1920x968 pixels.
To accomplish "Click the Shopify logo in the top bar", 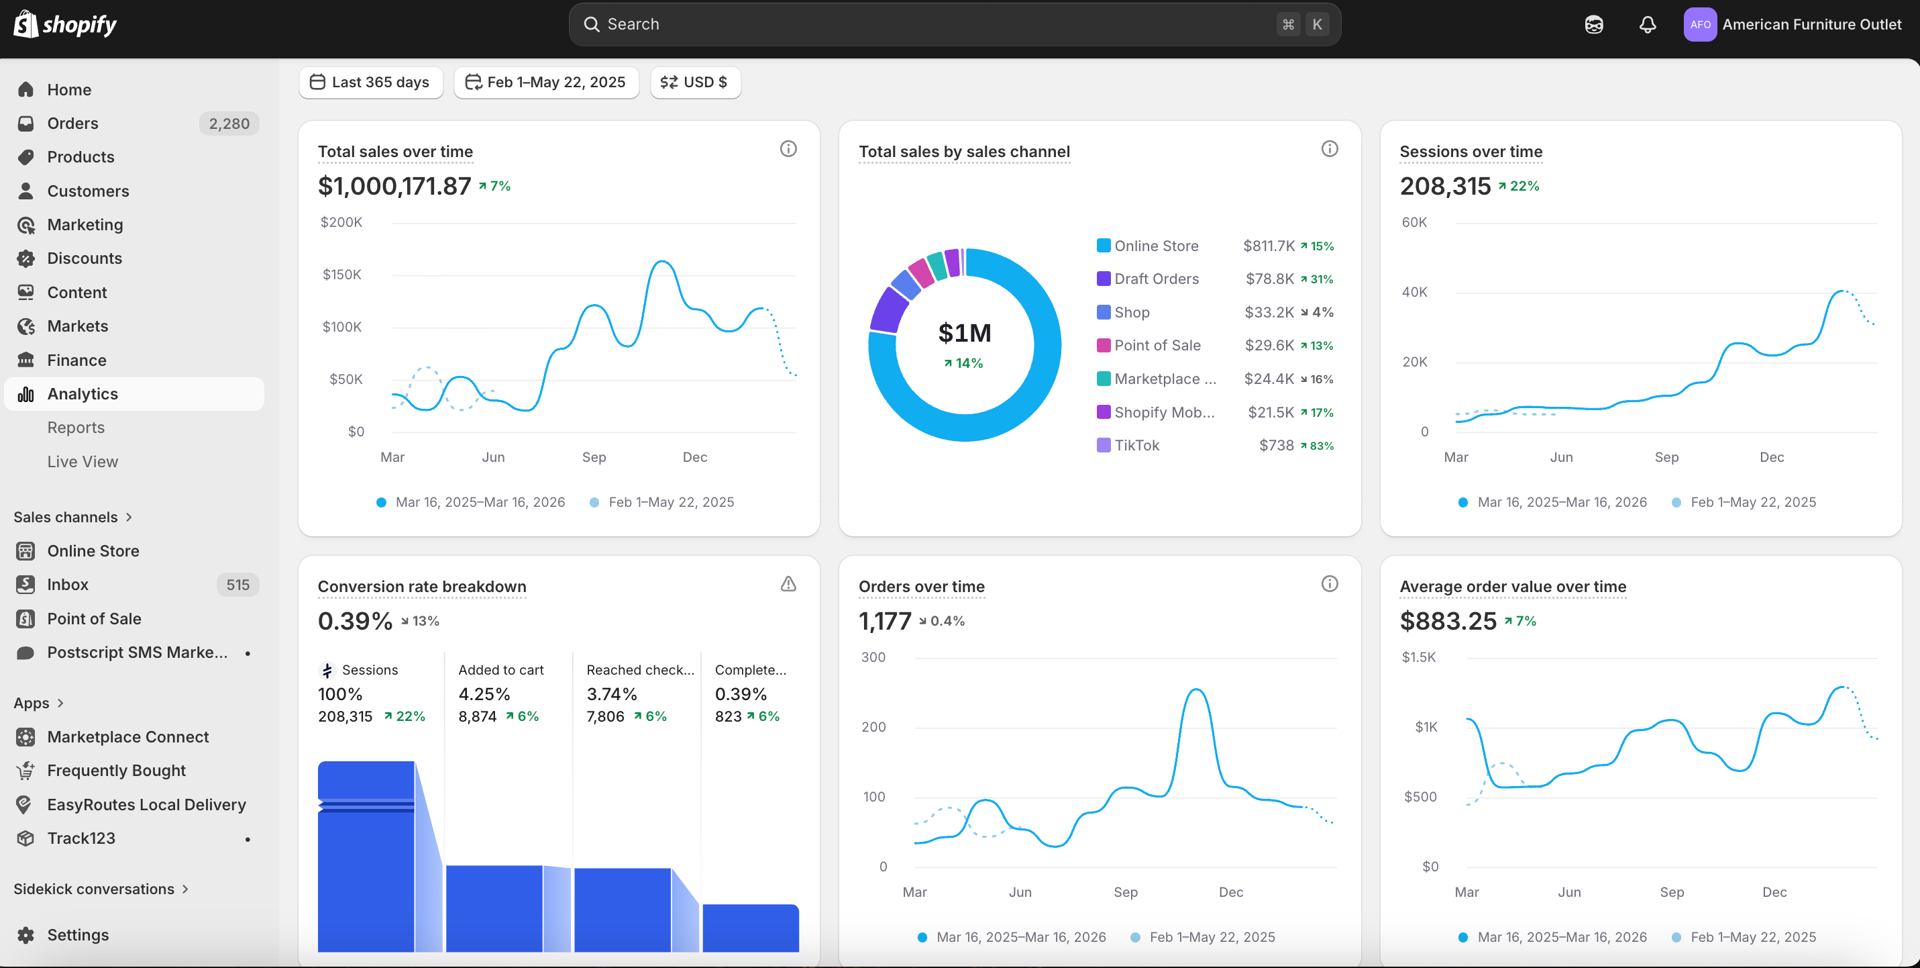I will pyautogui.click(x=66, y=25).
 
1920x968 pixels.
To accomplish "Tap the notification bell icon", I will pyautogui.click(x=1647, y=25).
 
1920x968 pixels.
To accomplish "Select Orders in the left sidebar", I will pyautogui.click(x=72, y=123).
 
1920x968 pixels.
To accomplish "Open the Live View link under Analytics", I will pyautogui.click(x=82, y=462).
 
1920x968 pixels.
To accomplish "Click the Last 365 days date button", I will pyautogui.click(x=370, y=82).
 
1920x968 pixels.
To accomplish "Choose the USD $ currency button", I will pyautogui.click(x=694, y=82).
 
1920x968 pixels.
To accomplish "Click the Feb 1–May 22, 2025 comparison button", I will pyautogui.click(x=546, y=82).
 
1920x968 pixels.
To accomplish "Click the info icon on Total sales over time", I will pyautogui.click(x=788, y=149).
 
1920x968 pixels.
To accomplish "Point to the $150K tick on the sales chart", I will pyautogui.click(x=341, y=275).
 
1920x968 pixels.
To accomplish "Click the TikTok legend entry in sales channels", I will pyautogui.click(x=1136, y=445).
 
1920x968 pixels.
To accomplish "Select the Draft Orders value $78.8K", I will pyautogui.click(x=1269, y=279).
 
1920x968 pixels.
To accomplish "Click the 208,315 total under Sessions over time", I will pyautogui.click(x=1444, y=187).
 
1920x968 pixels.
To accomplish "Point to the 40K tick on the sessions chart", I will pyautogui.click(x=1414, y=291).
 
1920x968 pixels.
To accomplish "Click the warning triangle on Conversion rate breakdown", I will pyautogui.click(x=788, y=584).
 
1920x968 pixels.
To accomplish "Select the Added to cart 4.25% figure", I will pyautogui.click(x=484, y=694).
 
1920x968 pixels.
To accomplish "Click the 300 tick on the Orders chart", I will pyautogui.click(x=873, y=657).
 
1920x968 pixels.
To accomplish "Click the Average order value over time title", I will pyautogui.click(x=1512, y=587).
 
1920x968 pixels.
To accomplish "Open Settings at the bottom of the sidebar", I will pyautogui.click(x=78, y=934).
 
